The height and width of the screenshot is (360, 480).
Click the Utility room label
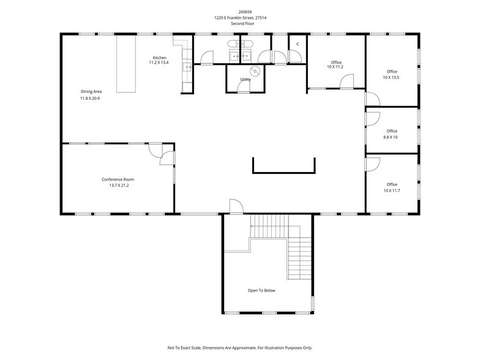[x=245, y=79]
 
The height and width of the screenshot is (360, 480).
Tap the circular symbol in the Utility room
[x=257, y=71]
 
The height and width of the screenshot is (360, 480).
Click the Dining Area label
[x=91, y=91]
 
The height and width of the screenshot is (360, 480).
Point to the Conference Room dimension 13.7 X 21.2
[x=118, y=185]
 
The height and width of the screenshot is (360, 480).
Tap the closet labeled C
[x=298, y=44]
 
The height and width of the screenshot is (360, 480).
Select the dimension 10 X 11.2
[x=336, y=67]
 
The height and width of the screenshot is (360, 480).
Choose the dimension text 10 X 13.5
[x=391, y=77]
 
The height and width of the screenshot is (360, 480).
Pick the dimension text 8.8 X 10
[x=391, y=137]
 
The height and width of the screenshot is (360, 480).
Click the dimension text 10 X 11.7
[x=391, y=190]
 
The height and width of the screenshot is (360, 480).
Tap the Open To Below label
[x=261, y=290]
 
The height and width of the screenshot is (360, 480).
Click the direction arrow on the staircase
[x=252, y=226]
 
